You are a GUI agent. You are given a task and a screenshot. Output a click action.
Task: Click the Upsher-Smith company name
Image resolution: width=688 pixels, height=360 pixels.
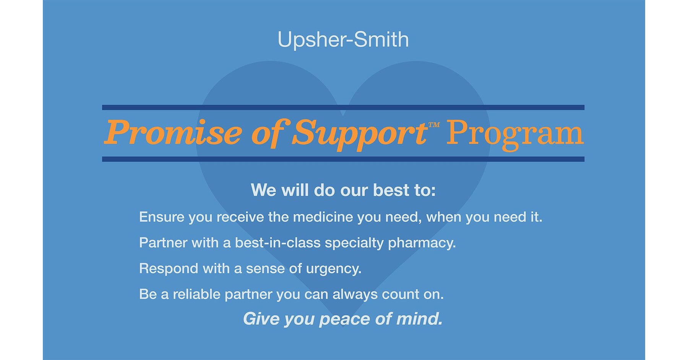click(343, 40)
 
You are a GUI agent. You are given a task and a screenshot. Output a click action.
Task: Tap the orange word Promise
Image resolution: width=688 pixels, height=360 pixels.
click(173, 133)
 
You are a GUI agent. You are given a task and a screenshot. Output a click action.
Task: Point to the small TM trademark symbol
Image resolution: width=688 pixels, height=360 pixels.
click(434, 125)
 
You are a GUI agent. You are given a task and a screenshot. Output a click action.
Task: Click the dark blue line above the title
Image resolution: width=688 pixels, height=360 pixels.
click(343, 107)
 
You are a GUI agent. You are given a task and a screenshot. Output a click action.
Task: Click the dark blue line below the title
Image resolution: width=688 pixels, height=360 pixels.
click(343, 159)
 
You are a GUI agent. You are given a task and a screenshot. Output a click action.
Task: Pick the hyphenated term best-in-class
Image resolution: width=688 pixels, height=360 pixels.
click(277, 243)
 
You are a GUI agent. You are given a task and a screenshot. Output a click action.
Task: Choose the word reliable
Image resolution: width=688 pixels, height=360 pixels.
click(196, 294)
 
